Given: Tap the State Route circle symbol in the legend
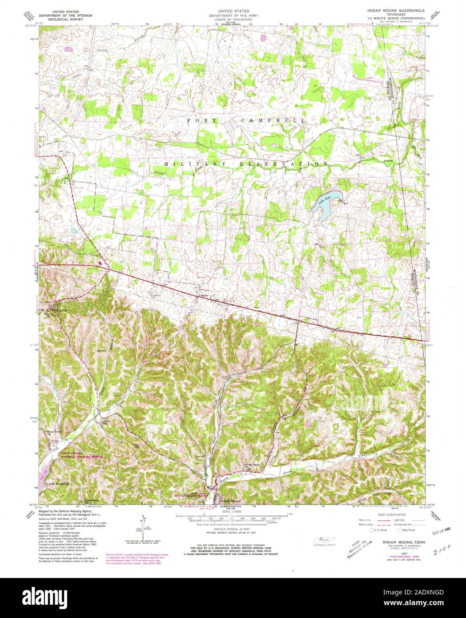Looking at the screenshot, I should pyautogui.click(x=400, y=530).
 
